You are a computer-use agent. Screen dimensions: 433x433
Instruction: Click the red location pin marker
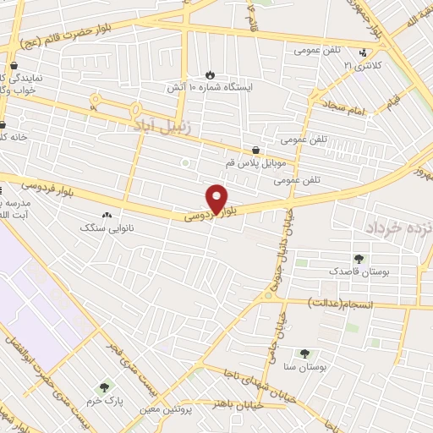[x=218, y=199]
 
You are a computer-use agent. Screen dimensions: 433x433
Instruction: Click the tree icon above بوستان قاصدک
[x=360, y=259]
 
